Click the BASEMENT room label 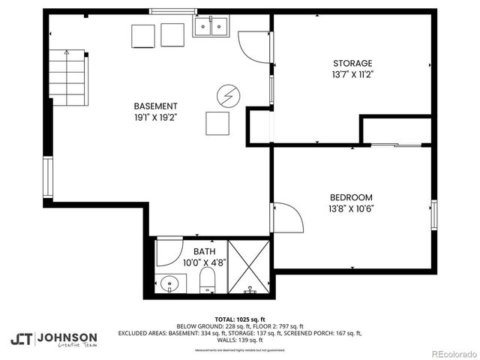(155, 106)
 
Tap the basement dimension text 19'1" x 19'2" (155, 117)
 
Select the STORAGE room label (352, 64)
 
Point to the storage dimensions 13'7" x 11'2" (352, 75)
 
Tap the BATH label (204, 251)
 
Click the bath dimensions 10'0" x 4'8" (204, 263)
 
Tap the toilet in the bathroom (208, 283)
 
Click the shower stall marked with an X (251, 266)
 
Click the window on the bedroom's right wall (433, 214)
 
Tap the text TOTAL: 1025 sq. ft (240, 319)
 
